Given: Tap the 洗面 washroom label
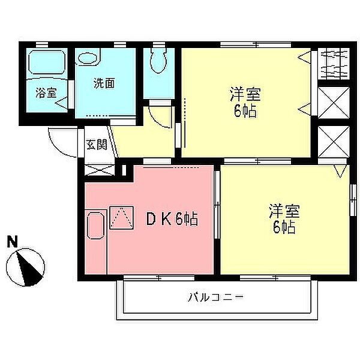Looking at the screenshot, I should (x=104, y=83).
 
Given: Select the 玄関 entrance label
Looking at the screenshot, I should (x=96, y=145).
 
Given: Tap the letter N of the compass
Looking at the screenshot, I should (x=11, y=242).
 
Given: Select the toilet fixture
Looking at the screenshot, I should (x=158, y=59).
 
